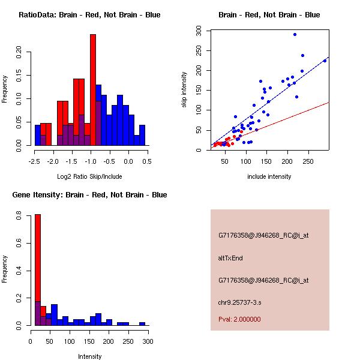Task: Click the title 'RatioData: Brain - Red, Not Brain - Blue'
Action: [89, 15]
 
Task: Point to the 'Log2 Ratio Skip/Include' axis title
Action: [89, 176]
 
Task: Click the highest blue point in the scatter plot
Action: [295, 34]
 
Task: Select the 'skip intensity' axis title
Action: [184, 90]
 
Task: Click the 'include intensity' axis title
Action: [269, 176]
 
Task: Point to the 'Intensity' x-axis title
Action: [90, 356]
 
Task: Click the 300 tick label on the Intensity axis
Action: [148, 342]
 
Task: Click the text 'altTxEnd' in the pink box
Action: [230, 258]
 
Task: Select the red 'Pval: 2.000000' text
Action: [239, 319]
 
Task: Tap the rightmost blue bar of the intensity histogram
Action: [142, 323]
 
